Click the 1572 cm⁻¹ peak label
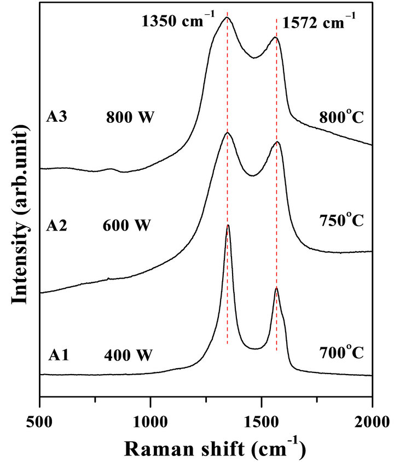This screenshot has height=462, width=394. click(320, 23)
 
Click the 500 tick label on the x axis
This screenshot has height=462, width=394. click(40, 420)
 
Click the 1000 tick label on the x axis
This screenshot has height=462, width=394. click(150, 420)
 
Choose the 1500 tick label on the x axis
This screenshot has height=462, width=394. click(262, 420)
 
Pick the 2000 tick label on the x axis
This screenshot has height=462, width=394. click(372, 420)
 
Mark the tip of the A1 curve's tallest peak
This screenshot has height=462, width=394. click(228, 225)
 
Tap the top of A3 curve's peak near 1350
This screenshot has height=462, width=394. click(227, 17)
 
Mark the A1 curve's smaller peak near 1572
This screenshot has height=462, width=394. click(276, 288)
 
